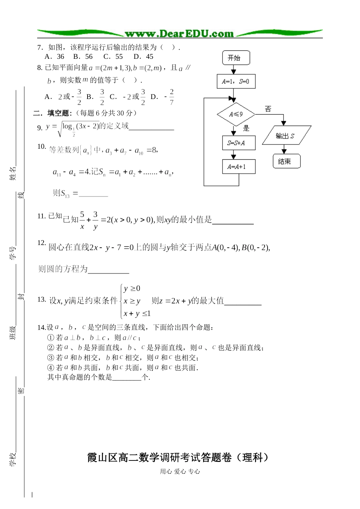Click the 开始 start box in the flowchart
pyautogui.click(x=236, y=58)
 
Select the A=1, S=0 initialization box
pyautogui.click(x=236, y=82)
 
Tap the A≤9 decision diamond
pyautogui.click(x=236, y=114)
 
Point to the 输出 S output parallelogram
pyautogui.click(x=286, y=136)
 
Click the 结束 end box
pyautogui.click(x=286, y=161)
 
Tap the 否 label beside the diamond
pyautogui.click(x=268, y=109)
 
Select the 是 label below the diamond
pyautogui.click(x=246, y=128)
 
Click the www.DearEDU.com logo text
pyautogui.click(x=179, y=34)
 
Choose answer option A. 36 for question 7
pyautogui.click(x=55, y=57)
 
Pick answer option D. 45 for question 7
pyautogui.click(x=144, y=57)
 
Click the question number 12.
pyautogui.click(x=41, y=243)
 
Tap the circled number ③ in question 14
pyautogui.click(x=51, y=358)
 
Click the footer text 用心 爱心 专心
pyautogui.click(x=180, y=471)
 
